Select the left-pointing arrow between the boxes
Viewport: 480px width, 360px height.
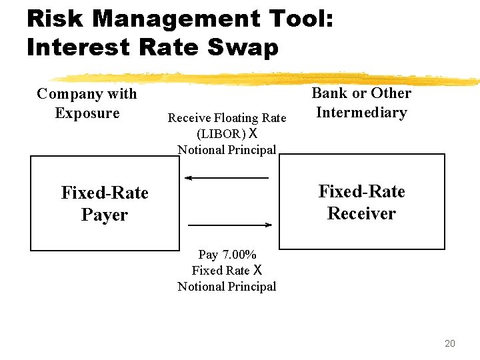point(227,178)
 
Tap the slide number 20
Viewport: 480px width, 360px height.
point(449,343)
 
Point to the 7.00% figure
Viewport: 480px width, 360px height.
point(239,255)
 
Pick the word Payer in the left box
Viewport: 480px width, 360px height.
point(104,215)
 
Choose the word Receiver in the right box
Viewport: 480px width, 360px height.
point(361,213)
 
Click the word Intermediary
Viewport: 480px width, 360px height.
point(361,112)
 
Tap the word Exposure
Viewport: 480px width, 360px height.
point(87,113)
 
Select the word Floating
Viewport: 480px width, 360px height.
point(237,118)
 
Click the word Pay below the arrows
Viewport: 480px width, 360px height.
point(208,255)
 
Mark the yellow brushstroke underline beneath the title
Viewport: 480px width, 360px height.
point(267,78)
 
